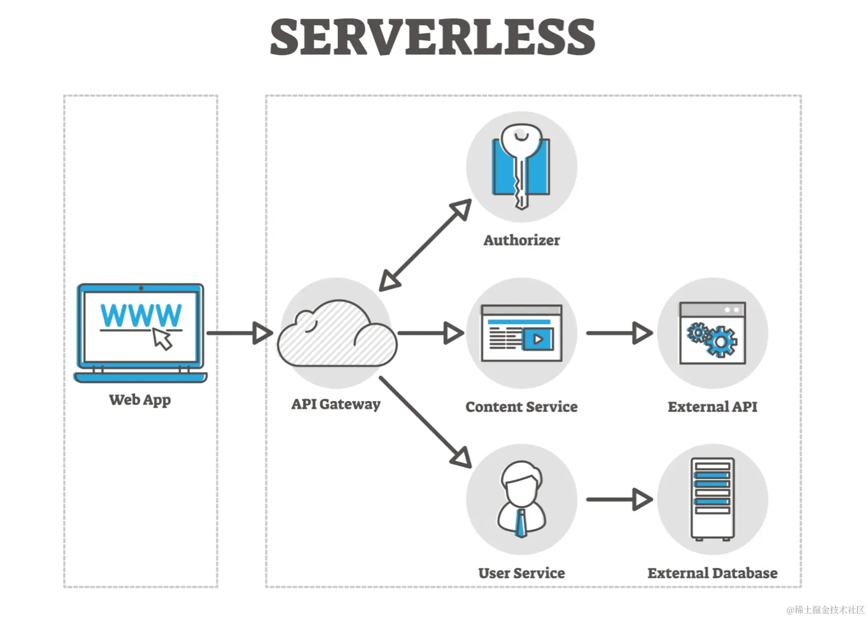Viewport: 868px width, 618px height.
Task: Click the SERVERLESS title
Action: [x=433, y=37]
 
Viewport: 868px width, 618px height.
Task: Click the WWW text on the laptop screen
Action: [x=141, y=315]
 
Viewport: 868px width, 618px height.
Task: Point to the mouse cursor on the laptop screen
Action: [x=162, y=339]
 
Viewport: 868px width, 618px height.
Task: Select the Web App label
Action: [x=140, y=400]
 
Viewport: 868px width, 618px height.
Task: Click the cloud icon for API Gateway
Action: [x=337, y=334]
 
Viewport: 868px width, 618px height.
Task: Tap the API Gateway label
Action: [x=336, y=404]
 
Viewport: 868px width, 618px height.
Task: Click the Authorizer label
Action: [x=521, y=240]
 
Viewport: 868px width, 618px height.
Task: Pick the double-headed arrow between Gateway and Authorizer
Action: [x=425, y=244]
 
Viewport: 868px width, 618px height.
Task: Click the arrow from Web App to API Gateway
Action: [x=239, y=333]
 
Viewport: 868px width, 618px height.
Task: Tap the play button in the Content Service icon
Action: [x=537, y=339]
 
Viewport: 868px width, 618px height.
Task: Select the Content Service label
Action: [x=521, y=406]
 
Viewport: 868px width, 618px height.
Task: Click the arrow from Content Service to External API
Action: [x=619, y=333]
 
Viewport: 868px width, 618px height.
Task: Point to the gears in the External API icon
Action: [x=712, y=339]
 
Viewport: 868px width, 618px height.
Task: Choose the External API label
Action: [x=712, y=406]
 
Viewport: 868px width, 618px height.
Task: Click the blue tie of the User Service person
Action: [x=521, y=523]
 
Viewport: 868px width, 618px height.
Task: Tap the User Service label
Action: [x=521, y=573]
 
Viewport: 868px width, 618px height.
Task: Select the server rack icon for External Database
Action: [x=712, y=499]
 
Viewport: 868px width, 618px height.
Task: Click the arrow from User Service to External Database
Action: [x=619, y=499]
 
